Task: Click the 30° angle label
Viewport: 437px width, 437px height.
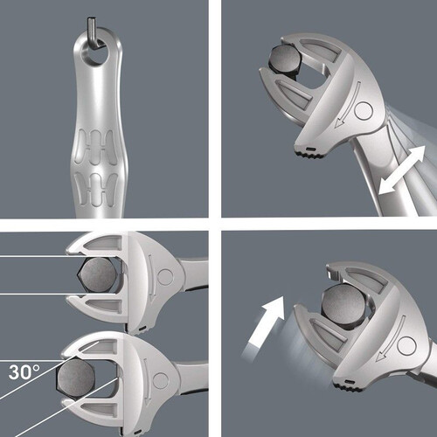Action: [x=24, y=371]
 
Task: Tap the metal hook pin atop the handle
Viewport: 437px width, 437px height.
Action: [x=94, y=33]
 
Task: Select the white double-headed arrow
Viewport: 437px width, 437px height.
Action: [x=402, y=170]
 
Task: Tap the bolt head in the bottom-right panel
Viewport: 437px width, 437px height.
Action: [x=343, y=303]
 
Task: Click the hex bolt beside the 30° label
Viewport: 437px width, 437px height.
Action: [x=76, y=378]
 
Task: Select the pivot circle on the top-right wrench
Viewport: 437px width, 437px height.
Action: [x=364, y=111]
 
